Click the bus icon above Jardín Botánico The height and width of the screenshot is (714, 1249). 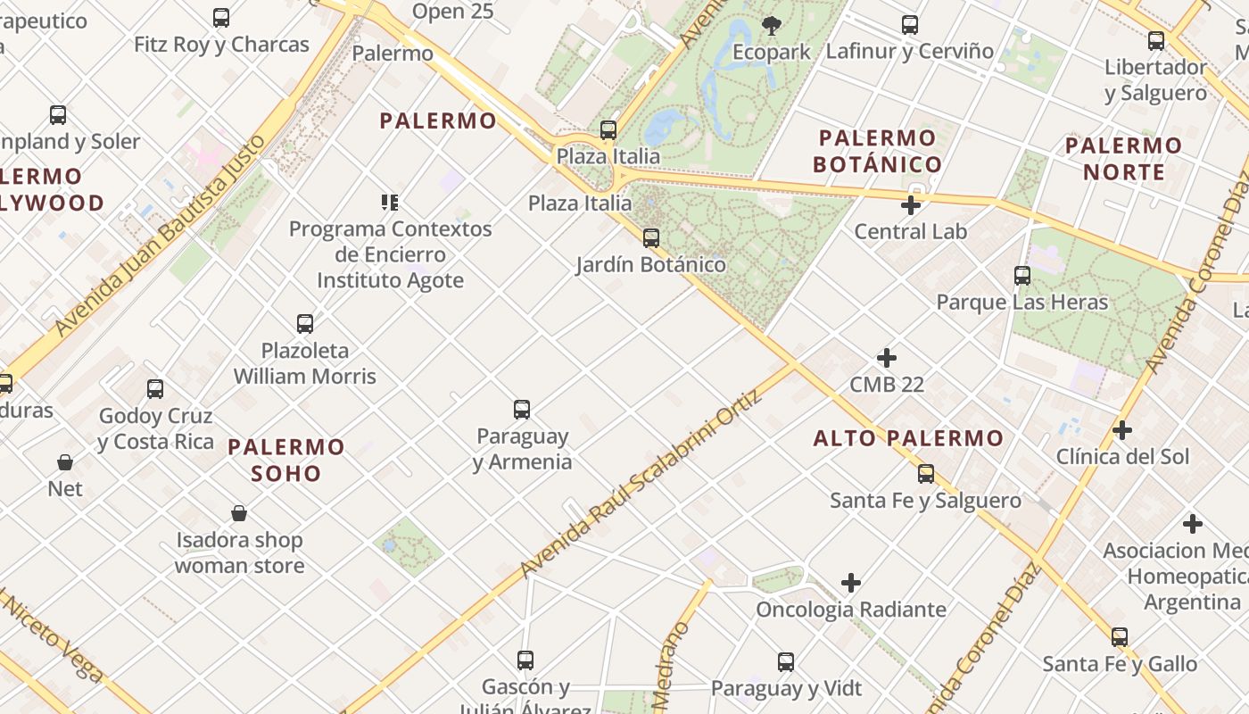651,238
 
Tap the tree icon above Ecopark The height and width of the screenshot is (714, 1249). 772,26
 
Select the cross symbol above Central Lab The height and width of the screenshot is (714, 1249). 911,205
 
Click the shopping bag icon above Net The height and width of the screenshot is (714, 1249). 65,462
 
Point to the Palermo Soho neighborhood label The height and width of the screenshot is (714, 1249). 285,460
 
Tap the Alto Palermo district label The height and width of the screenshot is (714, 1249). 908,438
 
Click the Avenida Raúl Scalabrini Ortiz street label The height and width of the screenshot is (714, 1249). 642,483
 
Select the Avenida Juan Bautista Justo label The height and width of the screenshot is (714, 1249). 161,237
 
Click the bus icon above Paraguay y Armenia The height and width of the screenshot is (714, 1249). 522,410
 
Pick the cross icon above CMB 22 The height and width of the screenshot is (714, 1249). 887,358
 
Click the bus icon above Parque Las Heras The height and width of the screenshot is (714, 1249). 1022,276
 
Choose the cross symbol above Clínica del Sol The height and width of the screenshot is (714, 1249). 1122,430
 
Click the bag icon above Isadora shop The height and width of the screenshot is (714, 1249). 239,513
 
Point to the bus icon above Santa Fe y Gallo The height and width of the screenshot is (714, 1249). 1120,637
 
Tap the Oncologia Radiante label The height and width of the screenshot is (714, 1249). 851,610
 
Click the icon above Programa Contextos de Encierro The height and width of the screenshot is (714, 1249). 390,203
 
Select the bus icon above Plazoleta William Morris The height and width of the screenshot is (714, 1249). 305,323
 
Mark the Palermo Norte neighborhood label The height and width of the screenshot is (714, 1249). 1123,158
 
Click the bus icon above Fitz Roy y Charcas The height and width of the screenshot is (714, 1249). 221,17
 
